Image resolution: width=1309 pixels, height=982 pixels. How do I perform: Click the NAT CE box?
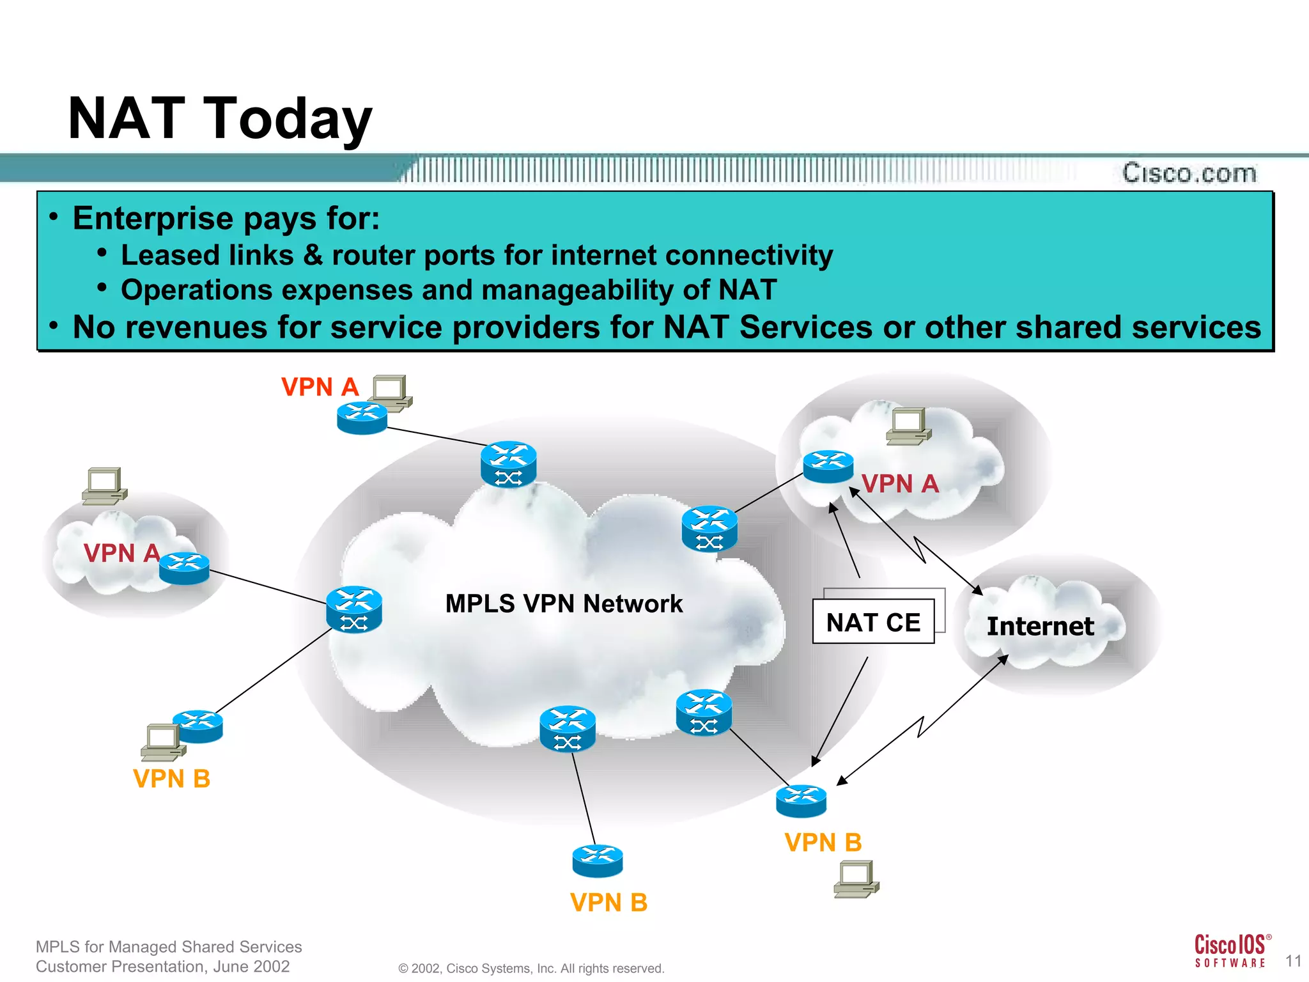pos(873,621)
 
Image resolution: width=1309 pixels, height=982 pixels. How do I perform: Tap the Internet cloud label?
pos(1040,626)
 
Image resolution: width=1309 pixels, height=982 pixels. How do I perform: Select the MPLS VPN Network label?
pos(564,604)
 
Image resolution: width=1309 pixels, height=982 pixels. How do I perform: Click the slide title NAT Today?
pos(220,118)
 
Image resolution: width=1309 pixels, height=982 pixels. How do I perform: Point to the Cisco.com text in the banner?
pos(1189,173)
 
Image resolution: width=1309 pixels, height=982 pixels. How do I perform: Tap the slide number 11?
pos(1293,961)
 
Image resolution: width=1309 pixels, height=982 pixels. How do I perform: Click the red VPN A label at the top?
pos(320,387)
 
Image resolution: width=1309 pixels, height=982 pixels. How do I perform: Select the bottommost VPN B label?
pos(608,903)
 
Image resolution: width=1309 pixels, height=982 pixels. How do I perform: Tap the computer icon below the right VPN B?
pos(856,879)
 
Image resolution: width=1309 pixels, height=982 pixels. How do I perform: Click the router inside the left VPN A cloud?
pos(184,568)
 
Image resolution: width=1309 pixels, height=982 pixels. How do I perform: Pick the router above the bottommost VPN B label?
pos(598,861)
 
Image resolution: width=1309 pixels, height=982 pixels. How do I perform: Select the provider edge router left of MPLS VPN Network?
pos(354,609)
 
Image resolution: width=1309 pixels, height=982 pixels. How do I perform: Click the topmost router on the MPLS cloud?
pos(509,464)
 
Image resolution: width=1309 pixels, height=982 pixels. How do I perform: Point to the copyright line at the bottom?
pos(531,968)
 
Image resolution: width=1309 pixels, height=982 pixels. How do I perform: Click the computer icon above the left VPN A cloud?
pos(105,486)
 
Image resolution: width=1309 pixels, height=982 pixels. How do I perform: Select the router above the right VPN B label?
pos(801,800)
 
